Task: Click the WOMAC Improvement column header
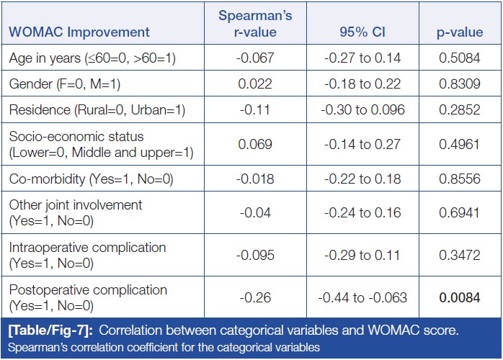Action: pos(79,32)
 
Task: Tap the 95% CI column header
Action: pos(365,32)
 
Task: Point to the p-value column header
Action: pos(460,32)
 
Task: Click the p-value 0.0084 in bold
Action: pos(460,297)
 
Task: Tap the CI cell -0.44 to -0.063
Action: pos(365,297)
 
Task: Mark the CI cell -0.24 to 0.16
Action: pos(365,212)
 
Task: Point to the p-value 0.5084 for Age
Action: pos(460,58)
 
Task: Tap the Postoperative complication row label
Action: pos(88,297)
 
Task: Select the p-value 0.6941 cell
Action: pos(460,212)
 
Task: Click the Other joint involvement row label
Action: pos(76,212)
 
